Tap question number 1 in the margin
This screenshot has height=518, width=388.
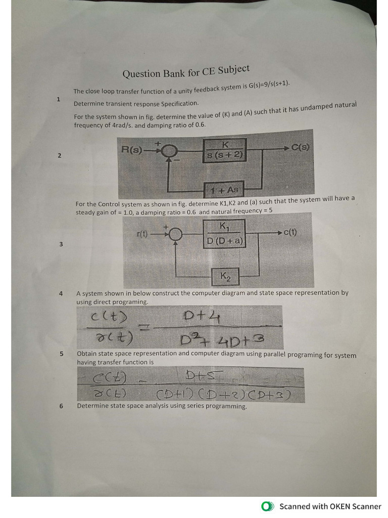[59, 99]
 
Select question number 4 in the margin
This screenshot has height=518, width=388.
[61, 293]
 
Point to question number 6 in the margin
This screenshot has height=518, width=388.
[61, 406]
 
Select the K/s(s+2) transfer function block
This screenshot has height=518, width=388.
[225, 150]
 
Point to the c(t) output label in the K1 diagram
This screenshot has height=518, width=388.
[289, 233]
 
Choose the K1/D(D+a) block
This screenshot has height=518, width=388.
[225, 234]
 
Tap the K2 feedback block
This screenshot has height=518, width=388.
[225, 276]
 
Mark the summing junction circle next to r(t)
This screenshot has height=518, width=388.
[175, 234]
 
